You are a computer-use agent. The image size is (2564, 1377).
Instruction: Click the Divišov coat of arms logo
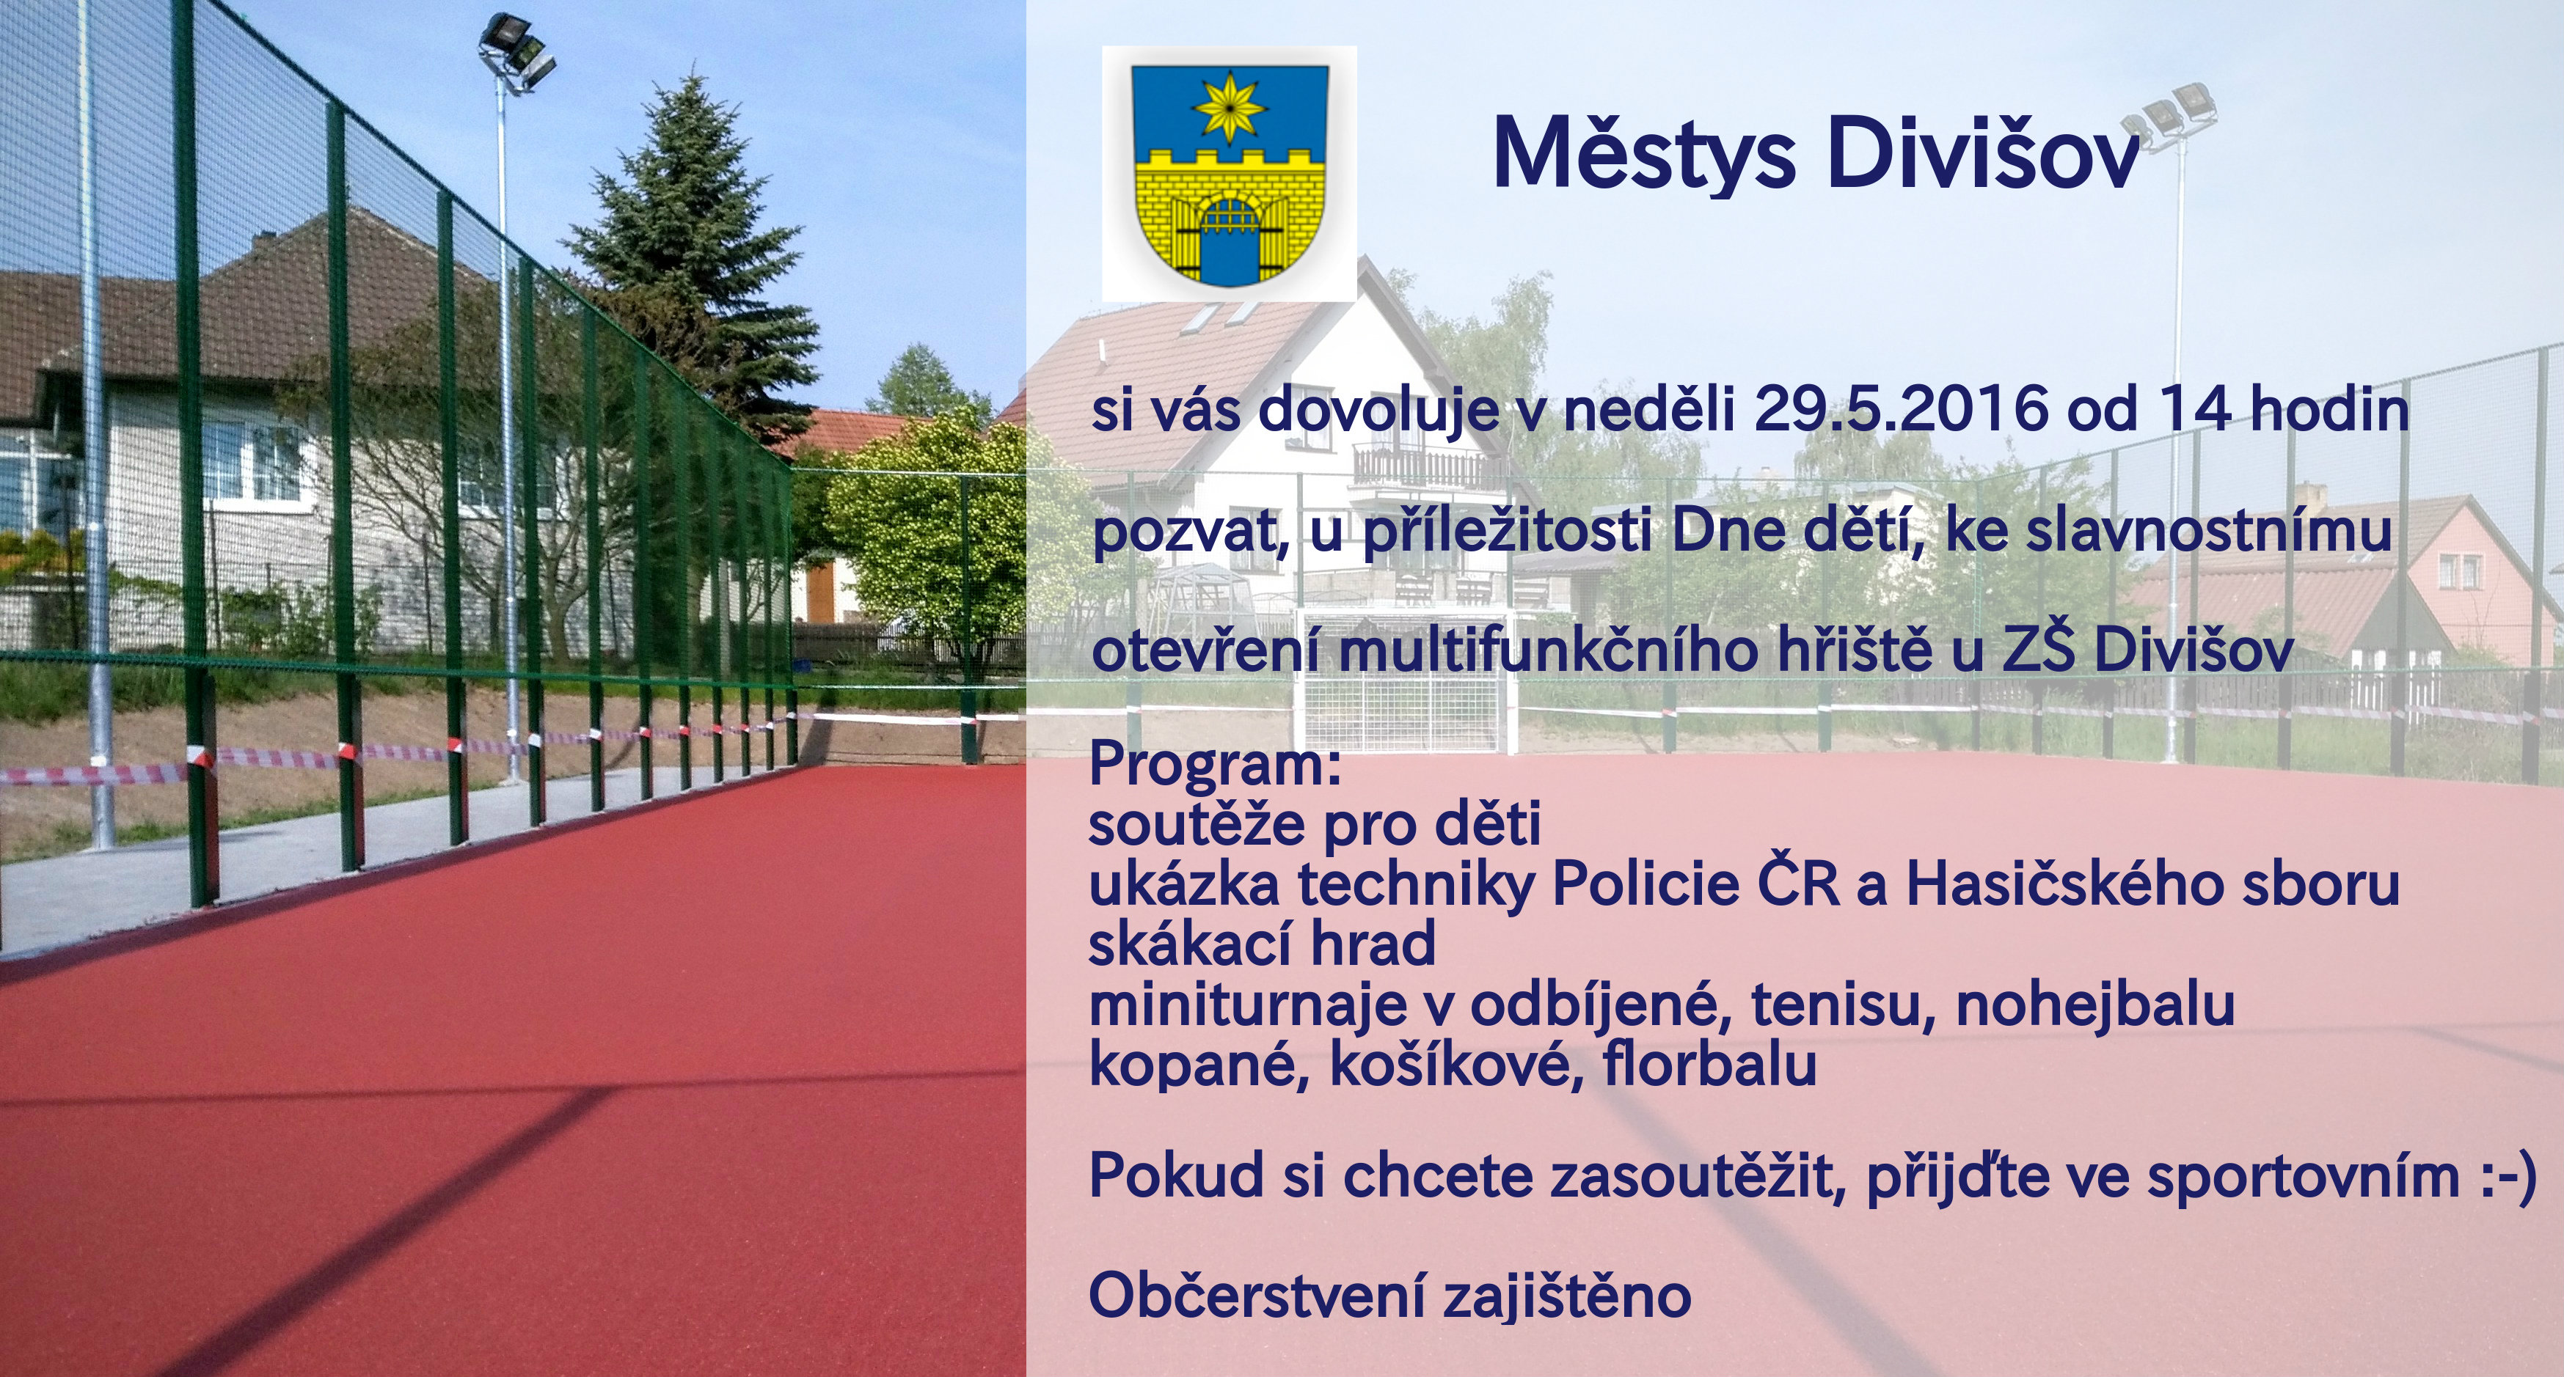tap(1230, 173)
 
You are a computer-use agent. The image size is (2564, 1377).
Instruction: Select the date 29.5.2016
tap(1900, 408)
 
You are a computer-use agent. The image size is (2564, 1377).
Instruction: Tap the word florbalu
tap(1709, 1062)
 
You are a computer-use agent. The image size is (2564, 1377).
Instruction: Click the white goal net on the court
tap(1409, 678)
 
